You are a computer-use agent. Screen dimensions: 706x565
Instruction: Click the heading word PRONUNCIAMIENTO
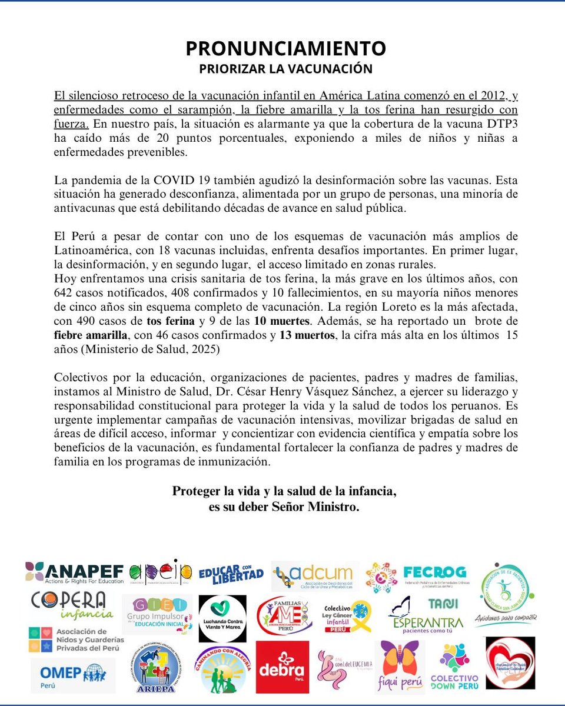click(x=286, y=48)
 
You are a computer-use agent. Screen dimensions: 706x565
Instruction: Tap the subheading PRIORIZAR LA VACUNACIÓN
click(x=286, y=68)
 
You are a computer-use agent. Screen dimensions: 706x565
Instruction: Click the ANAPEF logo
click(x=75, y=571)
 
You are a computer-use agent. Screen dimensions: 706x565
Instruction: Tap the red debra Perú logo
click(x=282, y=667)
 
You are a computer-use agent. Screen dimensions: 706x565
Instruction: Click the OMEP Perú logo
click(x=73, y=674)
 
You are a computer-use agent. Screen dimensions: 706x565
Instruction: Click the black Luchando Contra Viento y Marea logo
click(x=222, y=618)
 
